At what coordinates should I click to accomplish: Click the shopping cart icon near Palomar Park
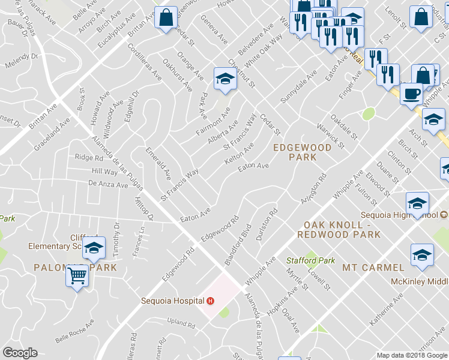pos(77,276)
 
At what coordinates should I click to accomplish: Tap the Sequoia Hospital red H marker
pos(210,301)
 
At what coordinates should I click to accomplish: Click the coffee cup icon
pos(411,94)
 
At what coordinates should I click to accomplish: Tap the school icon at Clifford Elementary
pos(94,247)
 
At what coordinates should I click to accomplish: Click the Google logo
pos(20,353)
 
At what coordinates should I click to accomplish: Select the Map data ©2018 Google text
pos(411,355)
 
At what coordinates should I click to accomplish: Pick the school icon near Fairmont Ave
pos(225,78)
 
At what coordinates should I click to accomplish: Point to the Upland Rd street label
pos(181,325)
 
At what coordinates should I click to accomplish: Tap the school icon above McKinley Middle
pos(423,254)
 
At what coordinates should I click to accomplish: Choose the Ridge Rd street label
pos(89,158)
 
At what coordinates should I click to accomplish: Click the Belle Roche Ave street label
pos(74,331)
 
